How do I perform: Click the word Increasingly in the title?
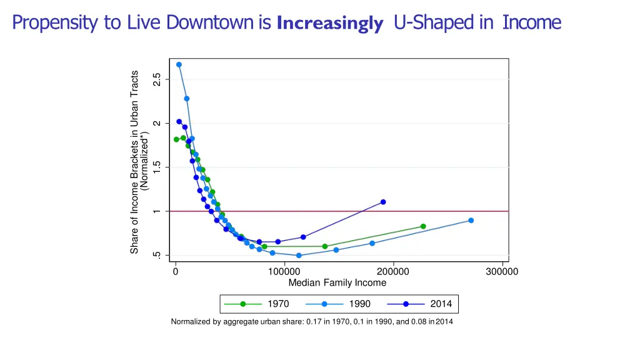click(x=329, y=24)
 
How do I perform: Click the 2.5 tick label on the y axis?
click(x=157, y=79)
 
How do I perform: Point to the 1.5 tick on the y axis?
click(x=157, y=167)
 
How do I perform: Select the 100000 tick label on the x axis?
click(x=284, y=271)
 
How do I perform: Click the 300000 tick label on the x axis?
click(x=502, y=271)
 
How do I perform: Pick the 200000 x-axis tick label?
click(x=393, y=271)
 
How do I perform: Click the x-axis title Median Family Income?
click(x=337, y=283)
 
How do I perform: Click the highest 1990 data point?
click(x=179, y=64)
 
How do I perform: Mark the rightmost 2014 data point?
click(x=383, y=202)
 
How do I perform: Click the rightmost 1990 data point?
click(x=471, y=221)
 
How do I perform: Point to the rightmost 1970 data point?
click(x=423, y=226)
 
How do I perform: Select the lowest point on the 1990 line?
click(x=299, y=256)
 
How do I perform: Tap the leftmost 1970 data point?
click(x=176, y=139)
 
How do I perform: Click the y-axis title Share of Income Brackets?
click(x=134, y=162)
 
